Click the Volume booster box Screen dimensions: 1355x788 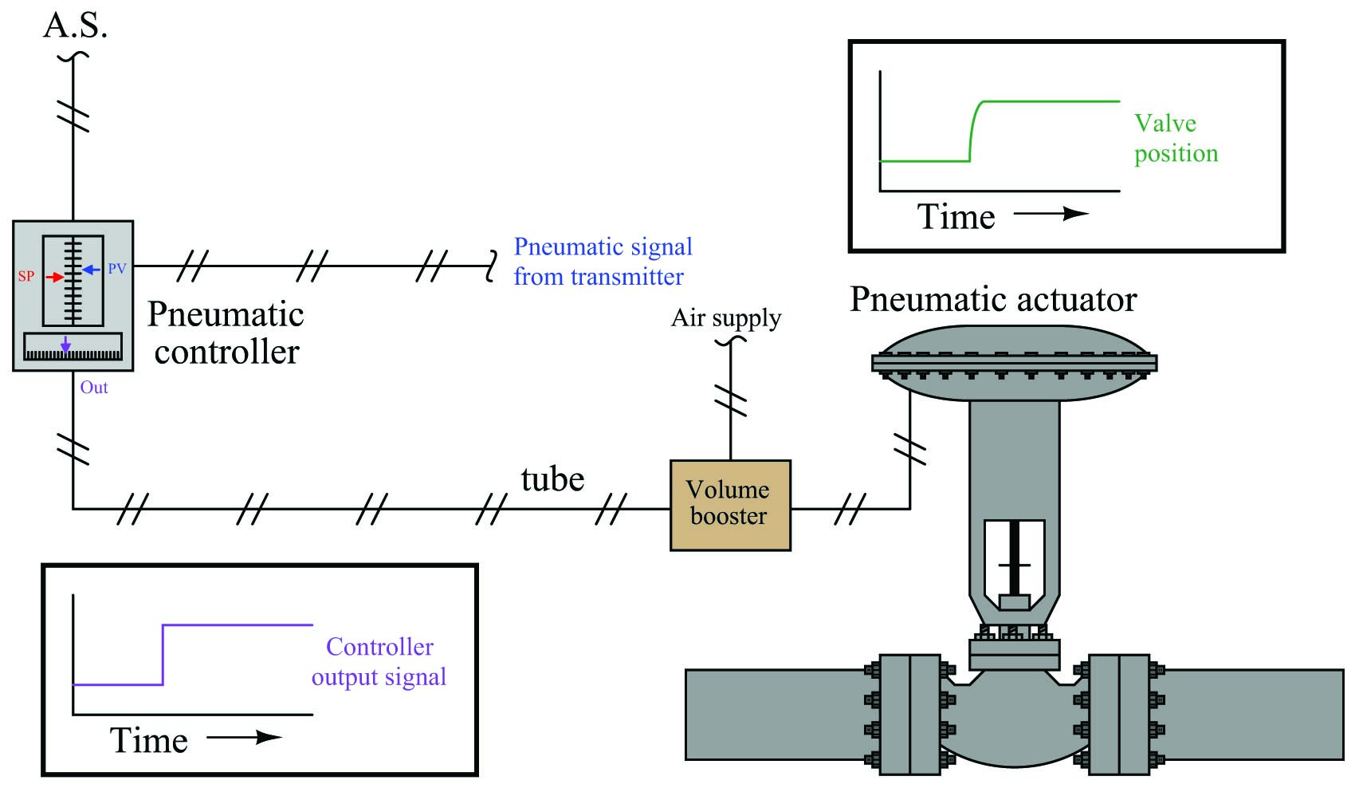point(730,506)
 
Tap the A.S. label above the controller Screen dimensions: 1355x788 point(75,26)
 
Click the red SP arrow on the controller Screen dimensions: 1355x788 point(54,278)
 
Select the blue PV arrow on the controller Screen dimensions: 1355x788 point(92,270)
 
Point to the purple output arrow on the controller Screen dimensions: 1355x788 point(65,343)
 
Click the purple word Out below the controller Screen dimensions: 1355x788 point(94,388)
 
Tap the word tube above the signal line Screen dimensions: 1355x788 point(552,479)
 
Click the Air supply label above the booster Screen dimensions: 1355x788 point(726,318)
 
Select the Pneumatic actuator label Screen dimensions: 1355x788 point(993,300)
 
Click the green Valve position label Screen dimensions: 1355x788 point(1176,139)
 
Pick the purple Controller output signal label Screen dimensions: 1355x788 point(379,662)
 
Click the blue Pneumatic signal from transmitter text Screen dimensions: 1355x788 point(603,262)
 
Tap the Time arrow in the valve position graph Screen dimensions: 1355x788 point(1051,214)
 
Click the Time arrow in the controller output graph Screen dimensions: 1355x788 point(244,737)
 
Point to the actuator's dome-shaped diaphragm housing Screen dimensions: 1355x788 point(1014,363)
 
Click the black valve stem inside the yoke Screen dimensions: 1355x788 point(1015,558)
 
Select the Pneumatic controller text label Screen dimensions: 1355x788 point(226,333)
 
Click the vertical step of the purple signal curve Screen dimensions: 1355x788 point(163,654)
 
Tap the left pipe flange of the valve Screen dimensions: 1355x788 point(909,714)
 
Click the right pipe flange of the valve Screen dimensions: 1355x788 point(1118,714)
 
